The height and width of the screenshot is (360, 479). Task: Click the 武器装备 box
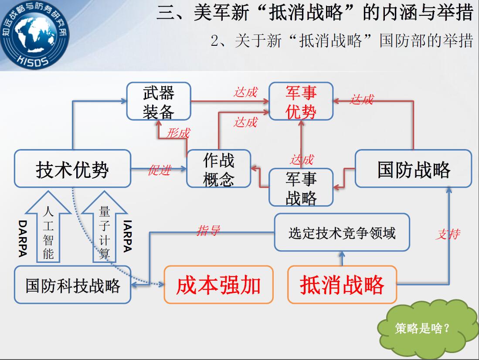point(159,101)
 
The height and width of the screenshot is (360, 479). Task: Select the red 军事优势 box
point(301,101)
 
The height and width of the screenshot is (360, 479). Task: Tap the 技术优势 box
point(73,168)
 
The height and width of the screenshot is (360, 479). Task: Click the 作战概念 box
point(219,168)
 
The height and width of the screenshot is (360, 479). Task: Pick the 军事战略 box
point(301,187)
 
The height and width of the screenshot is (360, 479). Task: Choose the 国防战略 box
point(414,168)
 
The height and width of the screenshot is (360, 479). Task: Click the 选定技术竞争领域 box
point(342,232)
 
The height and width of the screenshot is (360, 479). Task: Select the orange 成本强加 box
point(218,285)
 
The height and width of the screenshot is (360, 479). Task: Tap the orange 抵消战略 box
point(342,285)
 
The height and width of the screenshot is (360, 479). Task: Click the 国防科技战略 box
point(73,285)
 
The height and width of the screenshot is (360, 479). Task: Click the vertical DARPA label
point(23,238)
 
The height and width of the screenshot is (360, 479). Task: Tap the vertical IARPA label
point(128,236)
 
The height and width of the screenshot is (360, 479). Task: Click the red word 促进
point(160,170)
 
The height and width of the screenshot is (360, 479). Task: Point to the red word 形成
point(178,133)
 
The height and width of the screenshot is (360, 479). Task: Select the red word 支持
point(448,234)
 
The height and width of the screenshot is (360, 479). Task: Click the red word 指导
point(208,230)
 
